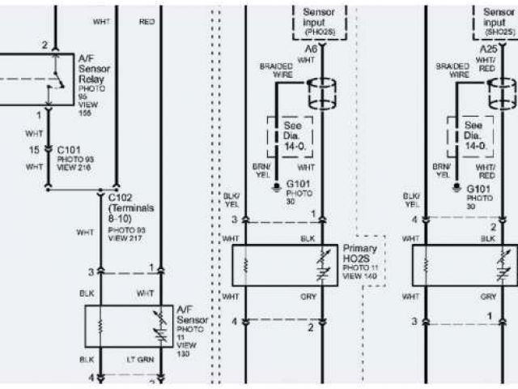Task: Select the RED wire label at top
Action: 147,22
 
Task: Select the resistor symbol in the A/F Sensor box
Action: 101,326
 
